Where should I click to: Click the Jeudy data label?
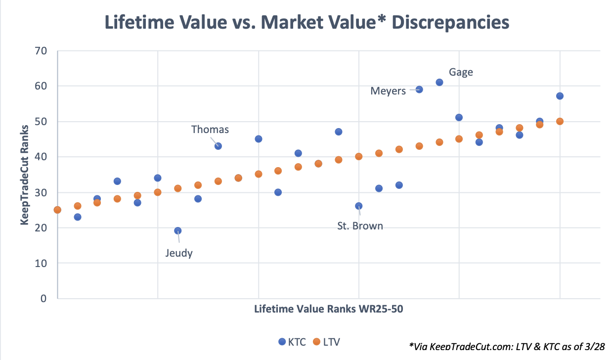point(178,253)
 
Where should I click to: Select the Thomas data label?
point(210,130)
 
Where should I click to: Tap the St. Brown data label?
point(360,226)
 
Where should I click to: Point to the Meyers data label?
point(388,91)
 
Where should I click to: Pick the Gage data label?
point(461,72)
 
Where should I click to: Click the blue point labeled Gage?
point(439,82)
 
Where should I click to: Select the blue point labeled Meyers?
point(419,90)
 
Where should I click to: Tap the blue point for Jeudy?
point(178,231)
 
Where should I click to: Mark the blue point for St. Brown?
point(359,206)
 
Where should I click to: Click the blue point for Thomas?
point(218,146)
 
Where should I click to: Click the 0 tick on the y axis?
point(44,299)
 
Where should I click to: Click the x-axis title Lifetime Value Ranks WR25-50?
point(329,309)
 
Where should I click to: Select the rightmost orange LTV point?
point(560,122)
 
